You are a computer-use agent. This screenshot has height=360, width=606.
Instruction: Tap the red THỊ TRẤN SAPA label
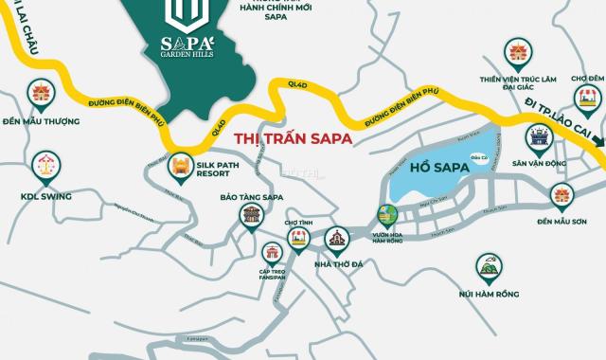click(294, 138)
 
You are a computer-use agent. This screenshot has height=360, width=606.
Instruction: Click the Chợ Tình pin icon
click(298, 238)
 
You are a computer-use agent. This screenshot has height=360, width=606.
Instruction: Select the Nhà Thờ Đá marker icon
click(336, 238)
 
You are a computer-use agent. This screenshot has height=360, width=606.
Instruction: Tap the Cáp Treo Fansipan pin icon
click(274, 253)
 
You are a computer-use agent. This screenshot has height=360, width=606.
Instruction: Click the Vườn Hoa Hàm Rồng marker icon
click(385, 215)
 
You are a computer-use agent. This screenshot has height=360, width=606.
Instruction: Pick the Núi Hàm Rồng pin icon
click(489, 268)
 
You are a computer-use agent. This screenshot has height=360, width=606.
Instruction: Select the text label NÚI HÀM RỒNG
click(488, 295)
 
